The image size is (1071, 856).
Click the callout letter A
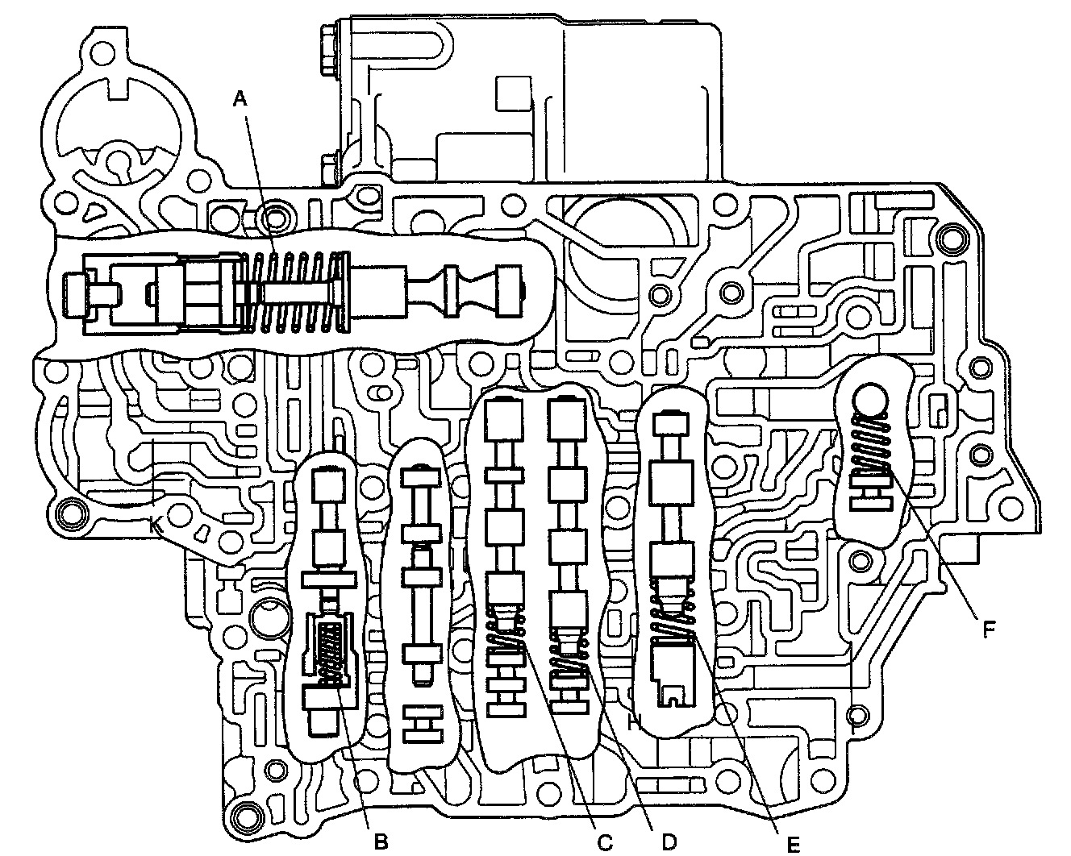[239, 99]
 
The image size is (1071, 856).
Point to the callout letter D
[667, 841]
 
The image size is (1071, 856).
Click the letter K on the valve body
[156, 526]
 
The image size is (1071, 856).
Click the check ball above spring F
[873, 401]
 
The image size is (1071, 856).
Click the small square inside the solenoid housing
[514, 93]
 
